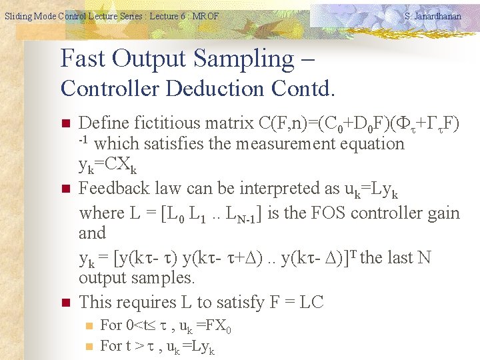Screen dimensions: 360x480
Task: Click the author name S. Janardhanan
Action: [433, 16]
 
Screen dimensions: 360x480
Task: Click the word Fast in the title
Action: [83, 59]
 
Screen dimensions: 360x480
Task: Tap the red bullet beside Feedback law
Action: [65, 189]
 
